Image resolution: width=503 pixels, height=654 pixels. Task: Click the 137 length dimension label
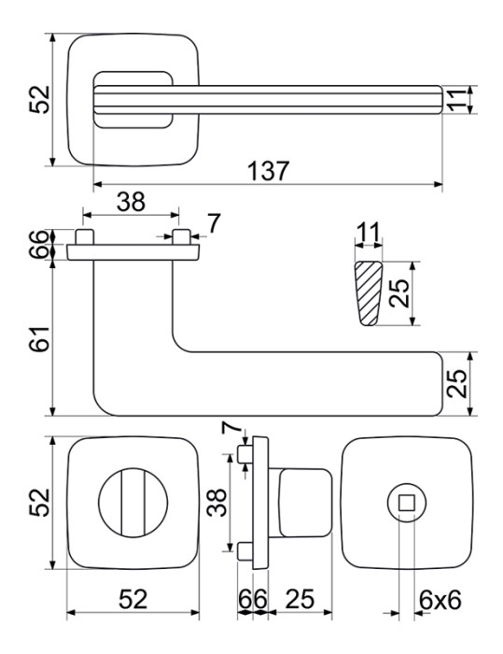tap(268, 171)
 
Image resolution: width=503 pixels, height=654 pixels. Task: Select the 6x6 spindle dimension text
tap(440, 600)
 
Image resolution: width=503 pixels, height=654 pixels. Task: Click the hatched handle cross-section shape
tap(368, 293)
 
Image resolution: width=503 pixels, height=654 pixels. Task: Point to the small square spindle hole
tap(406, 503)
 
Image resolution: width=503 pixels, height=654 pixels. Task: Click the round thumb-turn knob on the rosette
tap(133, 503)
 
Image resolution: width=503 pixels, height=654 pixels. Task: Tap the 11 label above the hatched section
tap(368, 233)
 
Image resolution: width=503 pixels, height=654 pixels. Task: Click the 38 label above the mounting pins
tap(131, 202)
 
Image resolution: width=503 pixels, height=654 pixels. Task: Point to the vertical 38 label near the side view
tap(217, 503)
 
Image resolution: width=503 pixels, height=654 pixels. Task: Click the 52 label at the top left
tap(39, 100)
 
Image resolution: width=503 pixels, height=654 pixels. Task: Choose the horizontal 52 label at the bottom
tap(133, 600)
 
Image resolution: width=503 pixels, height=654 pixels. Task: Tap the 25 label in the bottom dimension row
tap(300, 600)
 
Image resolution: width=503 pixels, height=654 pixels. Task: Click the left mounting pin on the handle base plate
tap(85, 237)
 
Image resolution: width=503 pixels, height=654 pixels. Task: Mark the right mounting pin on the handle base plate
tap(181, 237)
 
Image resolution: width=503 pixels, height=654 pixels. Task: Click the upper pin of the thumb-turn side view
tap(245, 454)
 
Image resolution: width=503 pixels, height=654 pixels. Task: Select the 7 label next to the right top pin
tap(213, 224)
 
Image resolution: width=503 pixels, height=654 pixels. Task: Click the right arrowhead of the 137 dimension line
tap(438, 184)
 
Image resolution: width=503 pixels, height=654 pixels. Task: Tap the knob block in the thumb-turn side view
tap(305, 503)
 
